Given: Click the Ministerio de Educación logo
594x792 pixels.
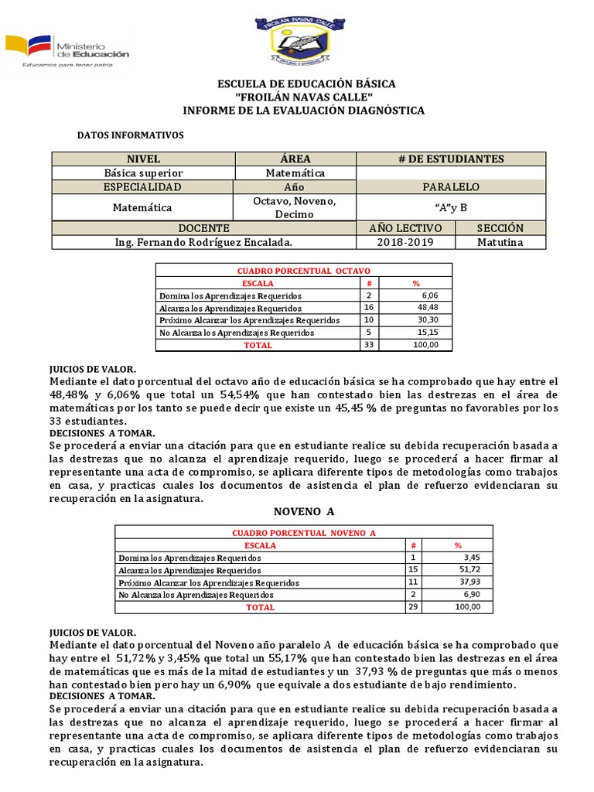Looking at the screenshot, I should pyautogui.click(x=68, y=50).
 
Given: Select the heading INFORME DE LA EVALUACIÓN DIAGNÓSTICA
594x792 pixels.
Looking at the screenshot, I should pyautogui.click(x=303, y=111).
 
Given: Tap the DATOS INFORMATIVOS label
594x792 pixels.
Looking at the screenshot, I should pyautogui.click(x=131, y=135).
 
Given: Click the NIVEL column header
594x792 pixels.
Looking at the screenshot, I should pyautogui.click(x=142, y=159).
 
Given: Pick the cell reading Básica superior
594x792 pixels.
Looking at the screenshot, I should pyautogui.click(x=143, y=173).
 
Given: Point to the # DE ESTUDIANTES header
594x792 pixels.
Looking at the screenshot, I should pyautogui.click(x=451, y=159).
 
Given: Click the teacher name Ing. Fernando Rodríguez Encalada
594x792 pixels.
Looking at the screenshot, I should pyautogui.click(x=204, y=242).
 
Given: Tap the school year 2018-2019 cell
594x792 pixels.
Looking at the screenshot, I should pyautogui.click(x=406, y=242).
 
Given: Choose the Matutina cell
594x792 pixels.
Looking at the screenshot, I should pyautogui.click(x=500, y=242).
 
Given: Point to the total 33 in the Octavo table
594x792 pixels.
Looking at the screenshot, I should pyautogui.click(x=368, y=345).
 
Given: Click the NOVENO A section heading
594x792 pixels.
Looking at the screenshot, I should pyautogui.click(x=303, y=512).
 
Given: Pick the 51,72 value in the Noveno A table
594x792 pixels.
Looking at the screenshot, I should pyautogui.click(x=468, y=570).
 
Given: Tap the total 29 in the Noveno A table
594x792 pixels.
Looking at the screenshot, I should pyautogui.click(x=413, y=607).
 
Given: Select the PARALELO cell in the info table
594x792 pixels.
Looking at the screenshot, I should pyautogui.click(x=451, y=187).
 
